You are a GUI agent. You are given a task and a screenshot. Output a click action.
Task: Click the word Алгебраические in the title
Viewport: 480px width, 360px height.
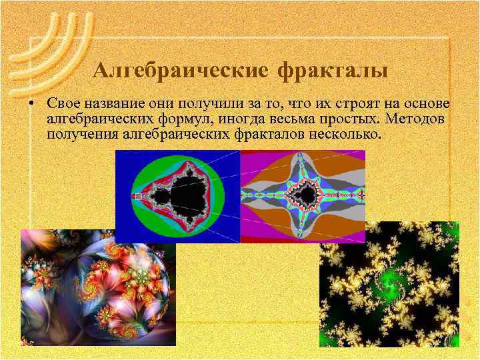pyautogui.click(x=181, y=69)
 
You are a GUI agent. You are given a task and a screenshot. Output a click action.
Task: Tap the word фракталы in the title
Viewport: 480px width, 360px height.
pyautogui.click(x=333, y=69)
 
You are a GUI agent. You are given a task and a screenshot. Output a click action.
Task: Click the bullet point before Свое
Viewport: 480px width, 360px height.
pyautogui.click(x=31, y=105)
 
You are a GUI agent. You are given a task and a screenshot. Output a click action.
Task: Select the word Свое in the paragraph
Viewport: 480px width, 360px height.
pyautogui.click(x=63, y=105)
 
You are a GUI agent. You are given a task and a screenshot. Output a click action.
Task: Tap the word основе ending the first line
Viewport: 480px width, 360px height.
pyautogui.click(x=429, y=105)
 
